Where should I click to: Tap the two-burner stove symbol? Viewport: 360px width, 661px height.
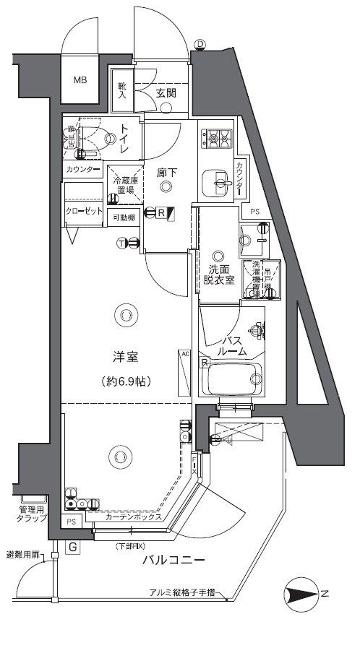click(216, 136)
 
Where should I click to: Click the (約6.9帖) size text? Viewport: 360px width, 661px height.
click(126, 380)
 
